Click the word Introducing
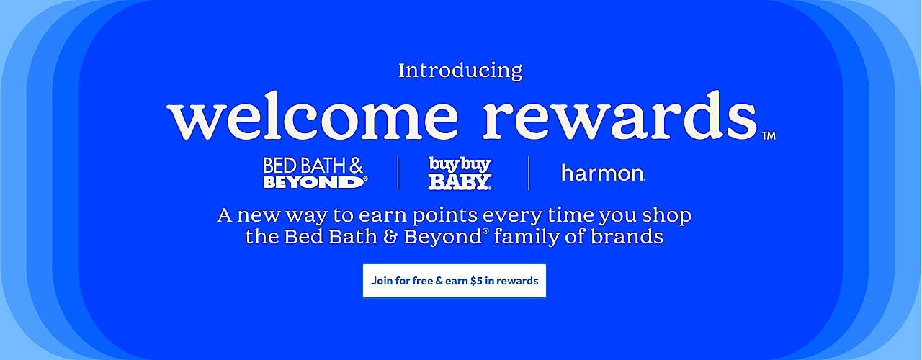(x=460, y=71)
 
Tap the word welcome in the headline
(x=312, y=116)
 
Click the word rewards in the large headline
(x=619, y=116)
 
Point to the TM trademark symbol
(x=769, y=135)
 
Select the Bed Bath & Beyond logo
(x=315, y=173)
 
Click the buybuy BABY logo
(x=460, y=174)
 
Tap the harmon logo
(x=602, y=174)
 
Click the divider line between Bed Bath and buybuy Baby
(x=398, y=174)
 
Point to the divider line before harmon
(x=529, y=174)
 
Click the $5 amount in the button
(x=476, y=281)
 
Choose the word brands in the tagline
(x=627, y=236)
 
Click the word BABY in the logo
(x=460, y=182)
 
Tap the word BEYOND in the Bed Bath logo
(x=313, y=182)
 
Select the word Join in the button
(x=381, y=281)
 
